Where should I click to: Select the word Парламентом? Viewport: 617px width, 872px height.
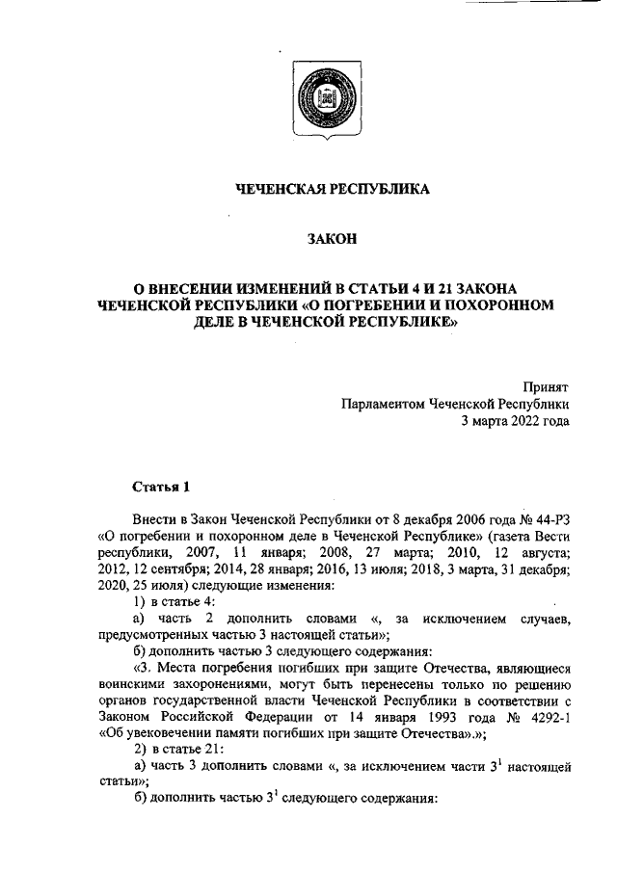click(380, 403)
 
